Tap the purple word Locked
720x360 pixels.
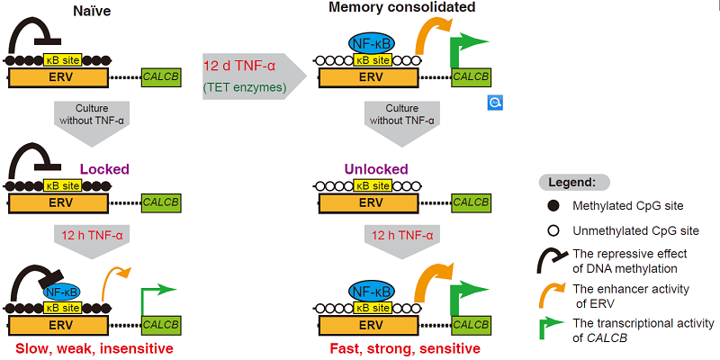click(x=105, y=168)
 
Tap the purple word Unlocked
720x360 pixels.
click(x=376, y=168)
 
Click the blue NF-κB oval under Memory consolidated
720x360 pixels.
click(x=371, y=41)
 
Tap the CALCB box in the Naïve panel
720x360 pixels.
click(x=161, y=77)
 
